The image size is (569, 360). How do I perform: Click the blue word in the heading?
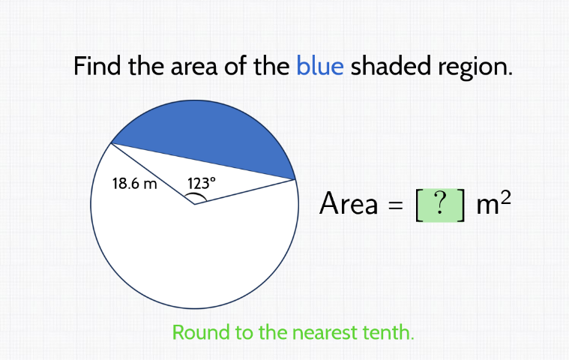320,67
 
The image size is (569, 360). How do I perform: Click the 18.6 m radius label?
134,183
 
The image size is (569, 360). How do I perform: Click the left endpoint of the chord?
111,142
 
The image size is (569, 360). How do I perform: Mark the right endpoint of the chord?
295,179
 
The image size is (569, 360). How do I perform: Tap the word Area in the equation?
349,203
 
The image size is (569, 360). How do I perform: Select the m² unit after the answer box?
493,202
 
